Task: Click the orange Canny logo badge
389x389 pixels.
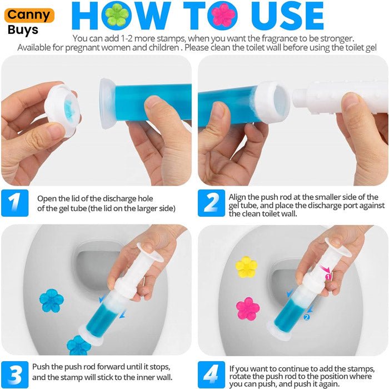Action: click(x=29, y=16)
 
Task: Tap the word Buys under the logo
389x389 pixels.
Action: click(x=23, y=30)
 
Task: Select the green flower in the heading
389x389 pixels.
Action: click(x=116, y=16)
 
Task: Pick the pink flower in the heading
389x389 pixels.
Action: click(x=222, y=16)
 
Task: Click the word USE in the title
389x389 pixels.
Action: click(x=287, y=16)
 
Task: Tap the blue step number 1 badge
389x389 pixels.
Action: click(x=15, y=203)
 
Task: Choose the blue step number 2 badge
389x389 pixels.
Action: click(x=211, y=203)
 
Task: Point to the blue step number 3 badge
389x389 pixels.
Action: click(x=15, y=375)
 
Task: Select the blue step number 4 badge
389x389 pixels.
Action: click(x=211, y=375)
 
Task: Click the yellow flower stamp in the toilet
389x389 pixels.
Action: click(x=246, y=267)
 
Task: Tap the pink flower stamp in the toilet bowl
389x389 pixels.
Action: click(x=248, y=309)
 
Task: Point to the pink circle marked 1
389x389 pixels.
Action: click(x=328, y=277)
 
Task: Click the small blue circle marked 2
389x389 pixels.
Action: click(x=307, y=317)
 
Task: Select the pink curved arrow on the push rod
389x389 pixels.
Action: click(x=324, y=269)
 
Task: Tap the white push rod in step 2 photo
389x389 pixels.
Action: click(x=340, y=98)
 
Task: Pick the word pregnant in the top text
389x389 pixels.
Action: click(x=83, y=48)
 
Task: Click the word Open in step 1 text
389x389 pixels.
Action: click(x=46, y=199)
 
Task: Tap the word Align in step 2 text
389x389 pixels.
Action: click(x=237, y=197)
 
